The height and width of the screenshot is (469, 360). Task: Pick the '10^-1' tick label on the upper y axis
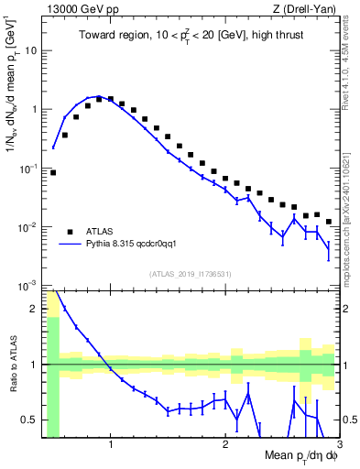pyautogui.click(x=30, y=168)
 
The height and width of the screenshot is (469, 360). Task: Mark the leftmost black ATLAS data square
pyautogui.click(x=53, y=172)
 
